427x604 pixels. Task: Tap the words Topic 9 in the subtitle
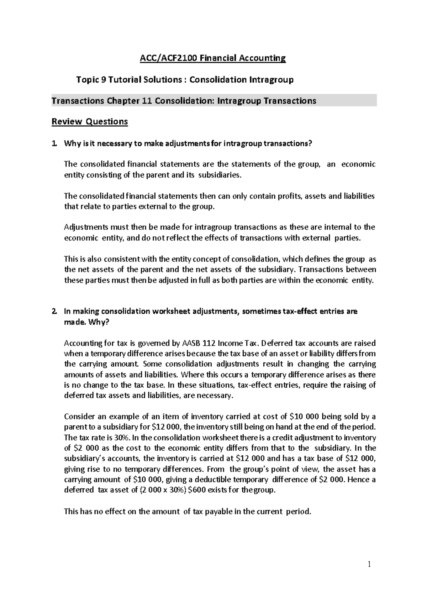coord(91,79)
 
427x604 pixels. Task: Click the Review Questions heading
coord(90,122)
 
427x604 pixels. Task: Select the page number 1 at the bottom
coord(369,564)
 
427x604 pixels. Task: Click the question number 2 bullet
coord(54,312)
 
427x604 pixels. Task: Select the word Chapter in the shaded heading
coord(123,101)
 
